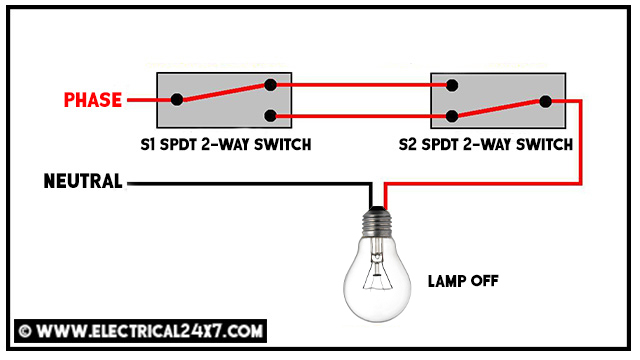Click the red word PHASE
(92, 100)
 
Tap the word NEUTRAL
(83, 182)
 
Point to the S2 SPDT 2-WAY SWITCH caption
(497, 145)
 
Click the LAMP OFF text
(462, 282)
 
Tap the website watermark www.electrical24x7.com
(141, 329)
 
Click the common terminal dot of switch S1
(177, 100)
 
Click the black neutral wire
(250, 183)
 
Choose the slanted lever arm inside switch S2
(499, 107)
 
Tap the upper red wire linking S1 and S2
(360, 86)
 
